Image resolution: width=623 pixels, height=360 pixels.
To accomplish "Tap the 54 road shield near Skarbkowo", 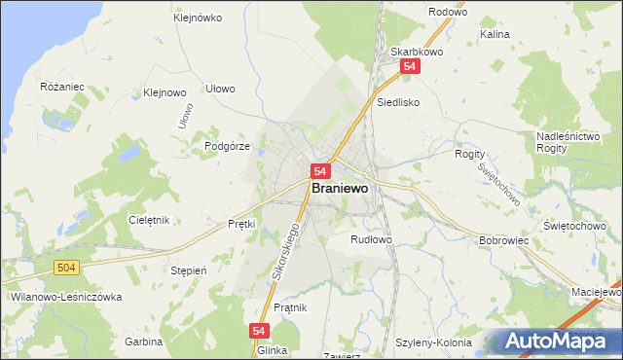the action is point(410,66).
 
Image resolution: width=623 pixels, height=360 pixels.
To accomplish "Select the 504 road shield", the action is point(66,267).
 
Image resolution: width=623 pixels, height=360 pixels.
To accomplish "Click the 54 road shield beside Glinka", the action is point(259,331).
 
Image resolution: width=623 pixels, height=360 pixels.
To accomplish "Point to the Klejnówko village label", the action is point(198,18).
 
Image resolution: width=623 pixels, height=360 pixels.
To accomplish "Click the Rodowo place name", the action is point(447,13).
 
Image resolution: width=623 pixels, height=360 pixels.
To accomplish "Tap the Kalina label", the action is point(495,34).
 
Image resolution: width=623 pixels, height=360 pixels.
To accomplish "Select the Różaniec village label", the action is point(62,87).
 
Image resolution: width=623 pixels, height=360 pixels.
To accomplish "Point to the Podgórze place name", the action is point(228,146).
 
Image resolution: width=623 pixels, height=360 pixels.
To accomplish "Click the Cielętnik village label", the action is point(149,220).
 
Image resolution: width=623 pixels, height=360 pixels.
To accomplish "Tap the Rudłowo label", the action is point(371,238).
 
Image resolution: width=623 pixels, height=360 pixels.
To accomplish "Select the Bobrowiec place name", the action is point(503,239).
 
